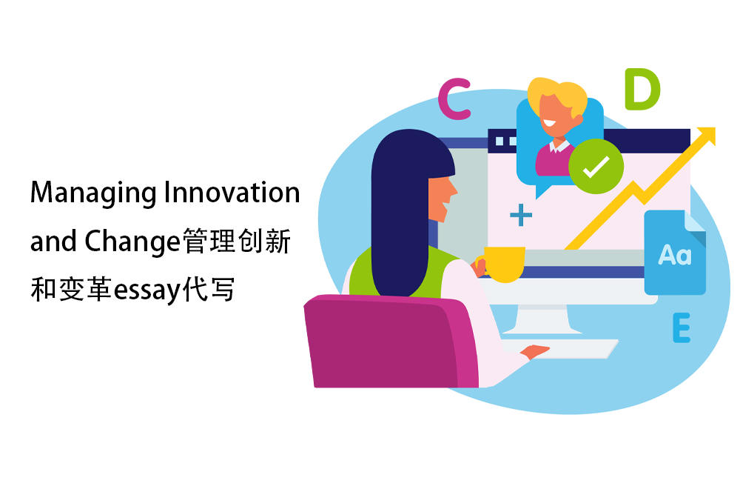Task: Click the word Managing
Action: (x=93, y=193)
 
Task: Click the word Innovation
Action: (x=232, y=193)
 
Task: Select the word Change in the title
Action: (x=132, y=242)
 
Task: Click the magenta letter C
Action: (x=454, y=99)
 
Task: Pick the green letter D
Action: (x=642, y=89)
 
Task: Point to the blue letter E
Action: (x=682, y=327)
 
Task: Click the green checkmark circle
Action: (x=596, y=166)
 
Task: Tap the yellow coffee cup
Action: (x=503, y=264)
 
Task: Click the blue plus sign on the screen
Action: (x=521, y=215)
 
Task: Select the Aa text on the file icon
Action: (x=675, y=255)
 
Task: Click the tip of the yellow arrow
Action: (x=715, y=128)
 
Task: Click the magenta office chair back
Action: (x=391, y=341)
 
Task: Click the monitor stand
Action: (x=542, y=319)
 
